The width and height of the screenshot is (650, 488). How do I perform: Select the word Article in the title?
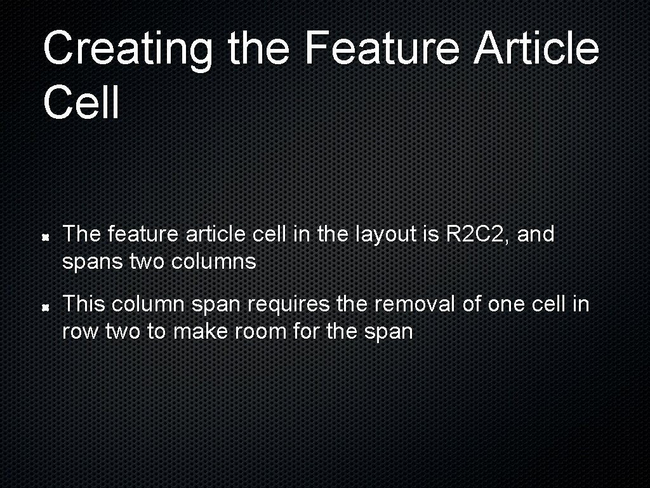pos(536,49)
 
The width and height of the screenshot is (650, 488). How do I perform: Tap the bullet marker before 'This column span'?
pos(46,307)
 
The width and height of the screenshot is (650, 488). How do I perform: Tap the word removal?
pos(415,304)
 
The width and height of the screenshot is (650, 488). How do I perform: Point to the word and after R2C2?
pos(536,234)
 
